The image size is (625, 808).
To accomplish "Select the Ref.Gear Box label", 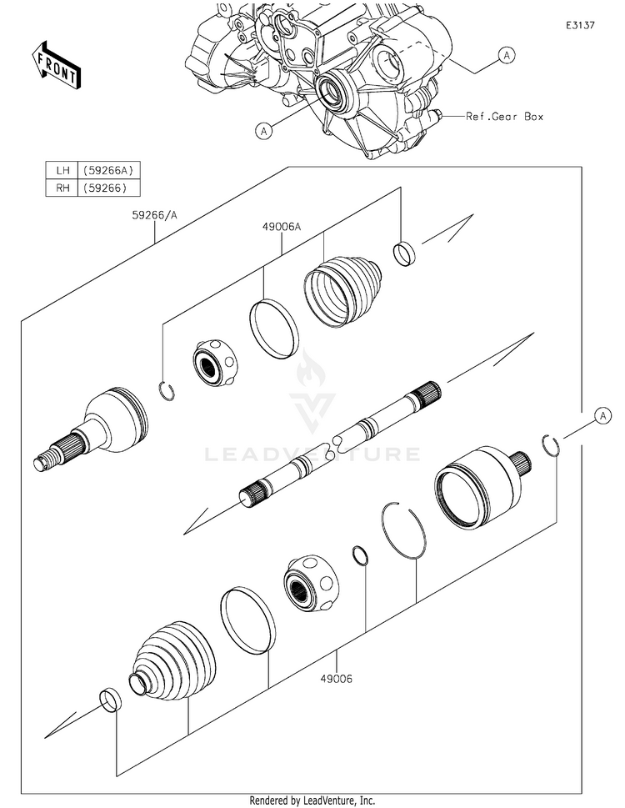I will tap(504, 117).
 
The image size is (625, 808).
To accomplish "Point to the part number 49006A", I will tap(280, 225).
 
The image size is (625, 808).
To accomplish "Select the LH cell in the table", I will tap(62, 170).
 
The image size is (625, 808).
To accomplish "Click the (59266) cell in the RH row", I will tap(105, 188).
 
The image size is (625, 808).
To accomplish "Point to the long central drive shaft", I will tap(342, 441).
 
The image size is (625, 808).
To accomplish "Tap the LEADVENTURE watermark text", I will tap(312, 454).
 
